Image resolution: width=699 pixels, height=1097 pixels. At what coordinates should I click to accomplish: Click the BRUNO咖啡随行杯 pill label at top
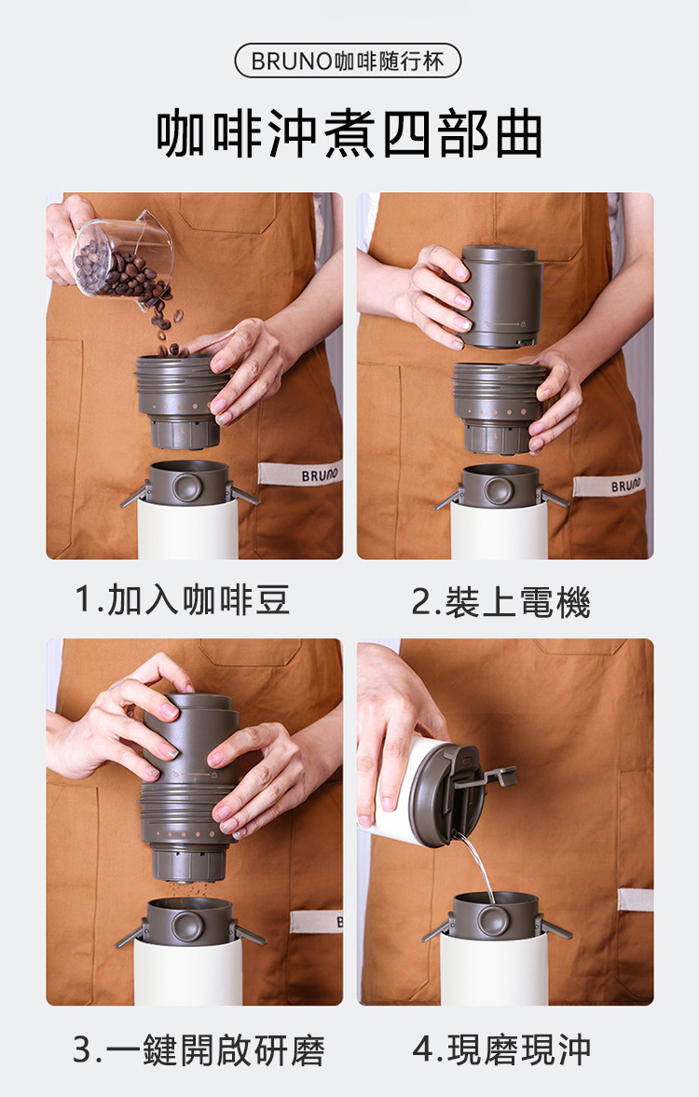[x=348, y=61]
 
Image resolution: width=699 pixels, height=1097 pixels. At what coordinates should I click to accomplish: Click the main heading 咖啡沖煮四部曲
[x=349, y=133]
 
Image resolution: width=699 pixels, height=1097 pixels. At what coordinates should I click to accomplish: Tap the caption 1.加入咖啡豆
[x=183, y=600]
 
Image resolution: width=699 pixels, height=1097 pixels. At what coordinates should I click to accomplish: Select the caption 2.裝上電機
[x=501, y=602]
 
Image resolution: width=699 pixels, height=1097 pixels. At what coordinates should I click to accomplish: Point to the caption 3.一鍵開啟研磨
[x=199, y=1050]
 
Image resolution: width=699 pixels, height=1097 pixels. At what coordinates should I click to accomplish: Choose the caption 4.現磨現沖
[x=501, y=1049]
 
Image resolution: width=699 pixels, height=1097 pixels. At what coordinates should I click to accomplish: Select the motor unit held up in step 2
[x=501, y=296]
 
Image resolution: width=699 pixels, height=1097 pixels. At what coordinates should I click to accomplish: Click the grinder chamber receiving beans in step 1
[x=179, y=401]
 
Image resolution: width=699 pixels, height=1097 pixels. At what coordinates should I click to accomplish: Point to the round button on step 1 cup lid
[x=186, y=487]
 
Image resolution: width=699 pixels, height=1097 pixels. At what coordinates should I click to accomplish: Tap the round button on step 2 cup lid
[x=499, y=491]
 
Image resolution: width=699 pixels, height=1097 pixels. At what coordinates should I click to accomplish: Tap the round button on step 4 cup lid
[x=494, y=920]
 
